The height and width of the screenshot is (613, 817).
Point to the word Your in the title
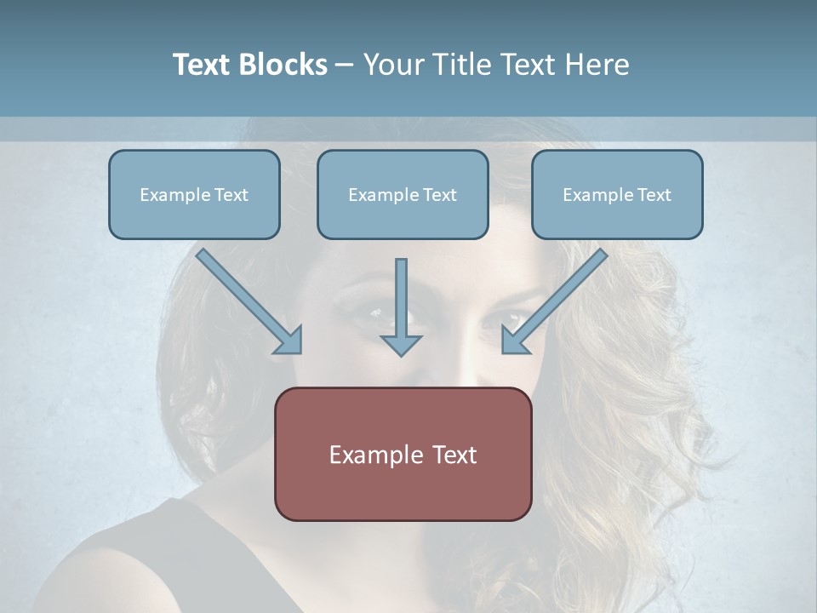[395, 65]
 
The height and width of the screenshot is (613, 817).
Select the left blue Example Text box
[194, 195]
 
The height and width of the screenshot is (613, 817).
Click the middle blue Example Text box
[403, 195]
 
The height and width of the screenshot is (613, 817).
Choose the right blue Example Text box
[617, 195]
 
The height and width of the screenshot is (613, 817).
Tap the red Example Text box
[403, 454]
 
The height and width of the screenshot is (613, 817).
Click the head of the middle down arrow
[401, 344]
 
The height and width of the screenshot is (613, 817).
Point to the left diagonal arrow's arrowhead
[289, 341]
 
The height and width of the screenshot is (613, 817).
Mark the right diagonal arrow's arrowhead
[514, 341]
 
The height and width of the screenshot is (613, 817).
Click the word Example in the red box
[375, 455]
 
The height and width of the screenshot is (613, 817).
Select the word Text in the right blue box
[654, 195]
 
